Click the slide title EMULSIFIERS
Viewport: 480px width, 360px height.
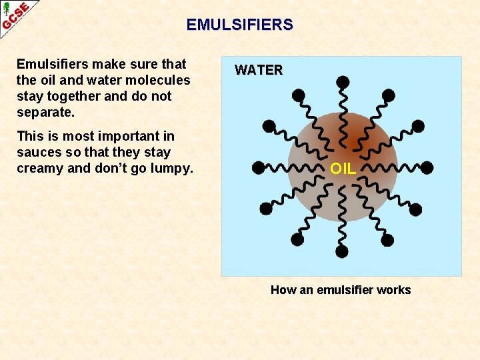pyautogui.click(x=239, y=25)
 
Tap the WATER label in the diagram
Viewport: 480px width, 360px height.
pyautogui.click(x=259, y=70)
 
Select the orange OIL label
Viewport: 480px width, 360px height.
pyautogui.click(x=343, y=169)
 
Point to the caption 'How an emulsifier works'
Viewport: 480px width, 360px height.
pyautogui.click(x=341, y=290)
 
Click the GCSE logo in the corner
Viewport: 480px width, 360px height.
pyautogui.click(x=15, y=15)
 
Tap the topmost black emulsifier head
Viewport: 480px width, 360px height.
pyautogui.click(x=343, y=83)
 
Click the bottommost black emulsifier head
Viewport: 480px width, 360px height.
pyautogui.click(x=341, y=251)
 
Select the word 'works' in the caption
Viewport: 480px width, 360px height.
pyautogui.click(x=393, y=290)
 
